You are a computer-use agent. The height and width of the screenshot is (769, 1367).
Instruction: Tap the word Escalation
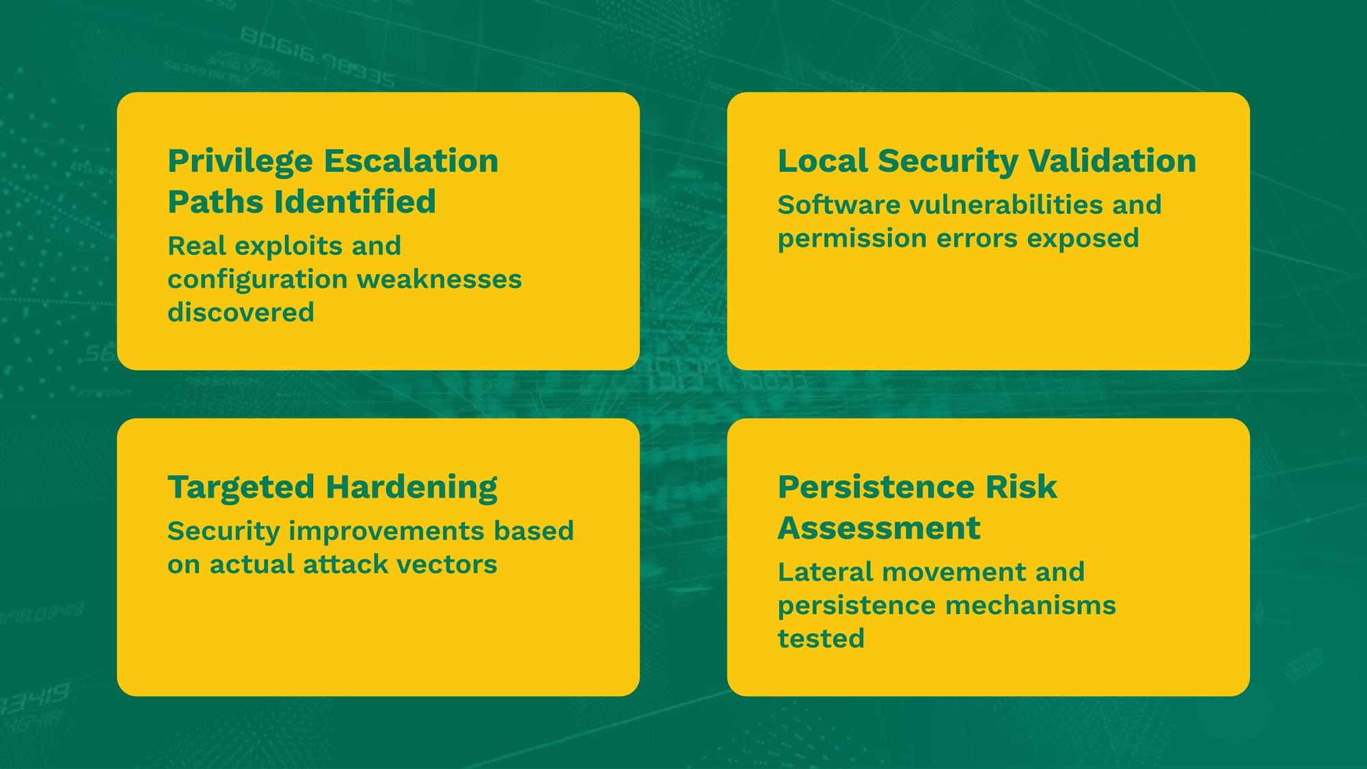(x=411, y=161)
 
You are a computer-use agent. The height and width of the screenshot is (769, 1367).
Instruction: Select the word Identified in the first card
(x=355, y=202)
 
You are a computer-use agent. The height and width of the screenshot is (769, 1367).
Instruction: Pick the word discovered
(x=241, y=312)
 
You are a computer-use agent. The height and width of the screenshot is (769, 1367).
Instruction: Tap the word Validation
(x=1112, y=161)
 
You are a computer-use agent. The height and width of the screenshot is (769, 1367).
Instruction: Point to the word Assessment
(x=879, y=528)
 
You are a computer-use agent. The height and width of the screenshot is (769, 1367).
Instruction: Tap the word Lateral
(x=826, y=572)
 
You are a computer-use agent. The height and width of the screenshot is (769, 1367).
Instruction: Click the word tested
(x=821, y=639)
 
